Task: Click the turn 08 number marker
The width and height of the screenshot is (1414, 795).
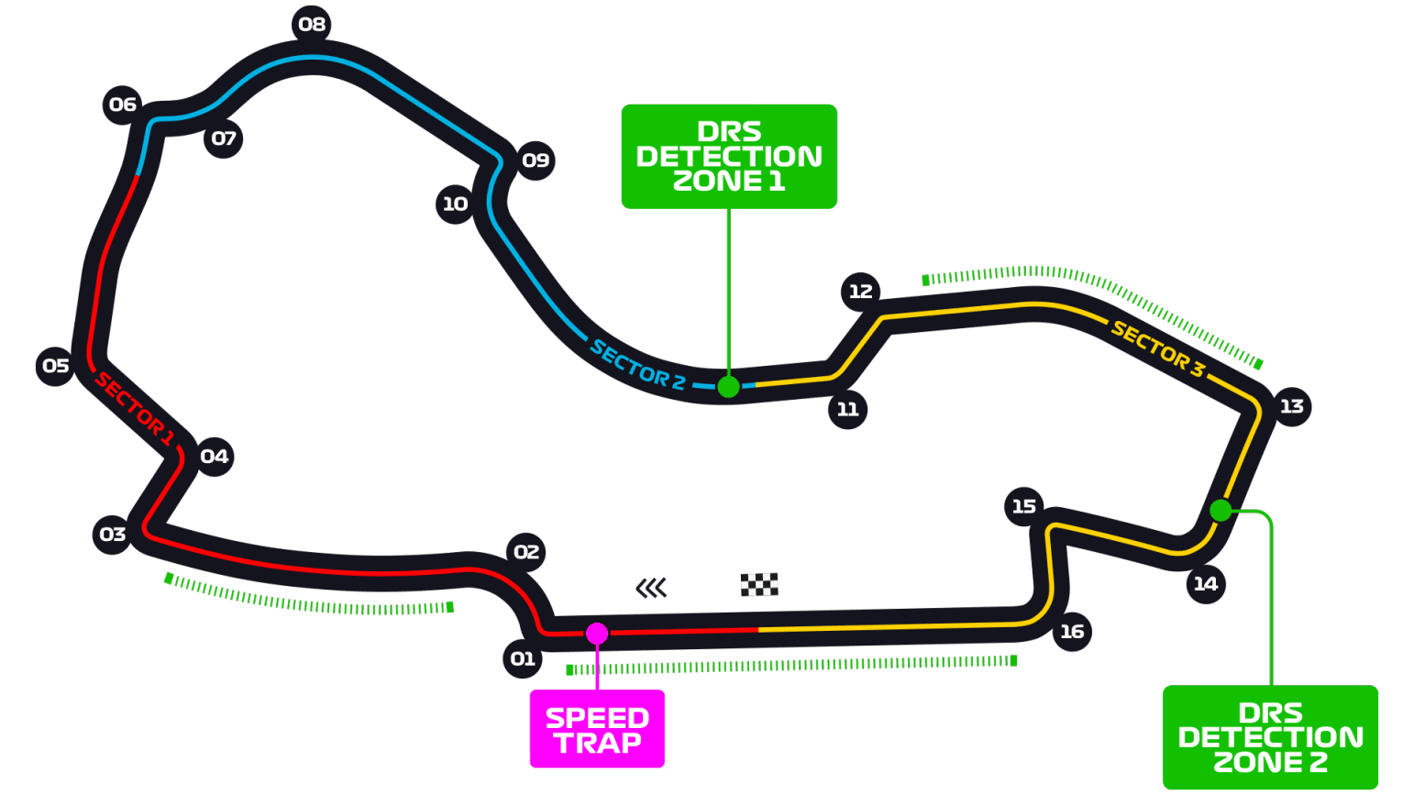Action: tap(312, 25)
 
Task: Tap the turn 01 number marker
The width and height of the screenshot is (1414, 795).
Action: tap(523, 658)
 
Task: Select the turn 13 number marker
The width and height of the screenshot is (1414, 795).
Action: tap(1291, 406)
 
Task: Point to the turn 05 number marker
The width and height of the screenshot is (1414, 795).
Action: tap(56, 366)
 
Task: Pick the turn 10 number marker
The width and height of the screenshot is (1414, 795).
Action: tap(455, 204)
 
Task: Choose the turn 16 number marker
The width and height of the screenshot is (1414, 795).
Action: tap(1072, 632)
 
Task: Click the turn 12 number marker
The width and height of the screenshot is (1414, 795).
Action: tap(860, 292)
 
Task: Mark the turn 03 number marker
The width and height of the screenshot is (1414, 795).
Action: tap(113, 534)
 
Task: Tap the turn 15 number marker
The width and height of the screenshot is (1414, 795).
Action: tap(1023, 506)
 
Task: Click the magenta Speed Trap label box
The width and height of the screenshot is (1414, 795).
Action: tap(597, 729)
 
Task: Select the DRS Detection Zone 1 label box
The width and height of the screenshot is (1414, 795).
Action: tap(729, 156)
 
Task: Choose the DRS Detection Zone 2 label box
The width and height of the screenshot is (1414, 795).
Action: tap(1270, 737)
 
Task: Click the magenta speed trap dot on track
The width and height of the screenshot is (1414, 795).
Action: tap(597, 634)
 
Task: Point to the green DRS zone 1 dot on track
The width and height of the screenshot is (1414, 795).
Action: tap(728, 387)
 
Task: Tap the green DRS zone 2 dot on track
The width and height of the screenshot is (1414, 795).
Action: tap(1221, 511)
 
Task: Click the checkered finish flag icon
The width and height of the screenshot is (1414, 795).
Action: tap(759, 584)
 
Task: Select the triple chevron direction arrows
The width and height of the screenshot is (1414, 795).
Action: tap(651, 588)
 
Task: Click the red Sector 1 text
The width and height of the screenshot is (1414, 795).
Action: tap(135, 409)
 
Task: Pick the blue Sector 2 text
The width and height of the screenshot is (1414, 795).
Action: tap(637, 365)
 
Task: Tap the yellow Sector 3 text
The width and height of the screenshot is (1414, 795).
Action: tap(1157, 348)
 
